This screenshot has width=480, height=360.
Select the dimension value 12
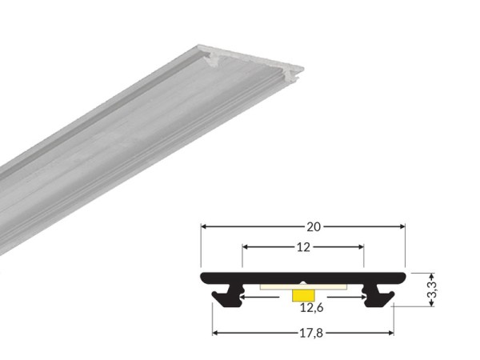(x=303, y=247)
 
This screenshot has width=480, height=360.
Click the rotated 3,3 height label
(x=433, y=288)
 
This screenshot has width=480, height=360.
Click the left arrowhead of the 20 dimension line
(x=204, y=226)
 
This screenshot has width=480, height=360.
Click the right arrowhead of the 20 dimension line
(x=402, y=226)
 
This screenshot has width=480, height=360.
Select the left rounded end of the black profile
(x=203, y=278)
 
